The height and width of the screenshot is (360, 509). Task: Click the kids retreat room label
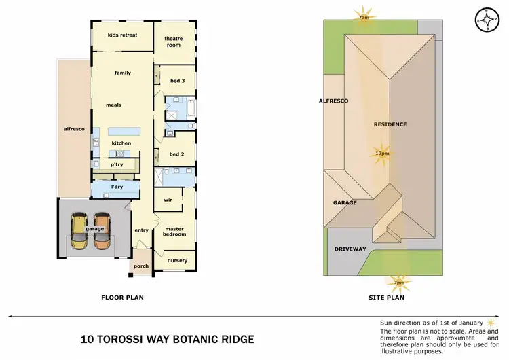point(122,34)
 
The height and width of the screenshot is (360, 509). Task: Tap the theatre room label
point(174,42)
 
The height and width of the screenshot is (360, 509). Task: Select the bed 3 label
point(177,81)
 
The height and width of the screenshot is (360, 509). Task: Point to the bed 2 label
point(177,154)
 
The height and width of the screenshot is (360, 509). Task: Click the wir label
point(168,200)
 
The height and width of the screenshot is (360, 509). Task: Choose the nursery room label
point(177,260)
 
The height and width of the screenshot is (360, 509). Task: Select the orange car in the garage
point(102,230)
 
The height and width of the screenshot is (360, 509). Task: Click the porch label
point(141,267)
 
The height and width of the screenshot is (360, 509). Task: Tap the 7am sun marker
point(364,16)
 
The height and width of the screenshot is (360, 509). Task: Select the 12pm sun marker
point(381,154)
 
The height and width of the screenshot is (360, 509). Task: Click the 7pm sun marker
point(398,281)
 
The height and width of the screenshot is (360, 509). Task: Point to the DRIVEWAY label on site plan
point(350,249)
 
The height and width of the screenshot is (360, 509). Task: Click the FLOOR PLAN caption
point(122,298)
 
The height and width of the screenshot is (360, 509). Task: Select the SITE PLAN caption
point(387,298)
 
